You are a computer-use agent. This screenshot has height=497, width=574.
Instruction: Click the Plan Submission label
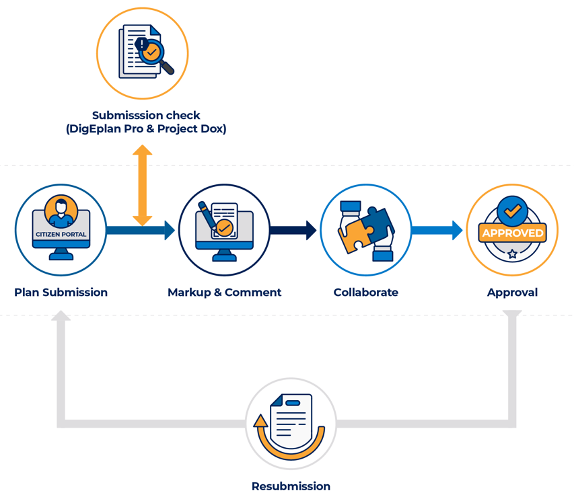[x=61, y=293]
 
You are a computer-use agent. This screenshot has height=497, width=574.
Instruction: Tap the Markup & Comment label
[x=224, y=293]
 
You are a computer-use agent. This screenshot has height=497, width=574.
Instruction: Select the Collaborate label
[x=365, y=293]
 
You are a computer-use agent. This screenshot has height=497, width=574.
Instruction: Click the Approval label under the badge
[x=512, y=293]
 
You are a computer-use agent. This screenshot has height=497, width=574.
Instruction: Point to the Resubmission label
[x=291, y=486]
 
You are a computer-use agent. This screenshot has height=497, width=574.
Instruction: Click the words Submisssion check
[x=146, y=115]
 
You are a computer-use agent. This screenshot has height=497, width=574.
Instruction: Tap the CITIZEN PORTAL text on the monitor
[x=61, y=234]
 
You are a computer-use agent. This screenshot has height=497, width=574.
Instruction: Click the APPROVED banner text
[x=512, y=233]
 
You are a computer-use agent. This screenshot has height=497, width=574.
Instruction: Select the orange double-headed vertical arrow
[x=142, y=185]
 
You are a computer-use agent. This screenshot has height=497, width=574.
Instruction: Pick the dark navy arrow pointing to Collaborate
[x=293, y=230]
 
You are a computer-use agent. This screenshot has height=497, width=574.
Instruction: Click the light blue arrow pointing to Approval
[x=437, y=230]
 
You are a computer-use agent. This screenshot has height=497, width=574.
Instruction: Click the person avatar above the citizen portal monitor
[x=61, y=211]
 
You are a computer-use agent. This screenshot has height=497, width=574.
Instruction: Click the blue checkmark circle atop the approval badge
[x=512, y=211]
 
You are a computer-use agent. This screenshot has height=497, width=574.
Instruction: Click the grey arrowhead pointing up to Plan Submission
[x=61, y=315]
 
